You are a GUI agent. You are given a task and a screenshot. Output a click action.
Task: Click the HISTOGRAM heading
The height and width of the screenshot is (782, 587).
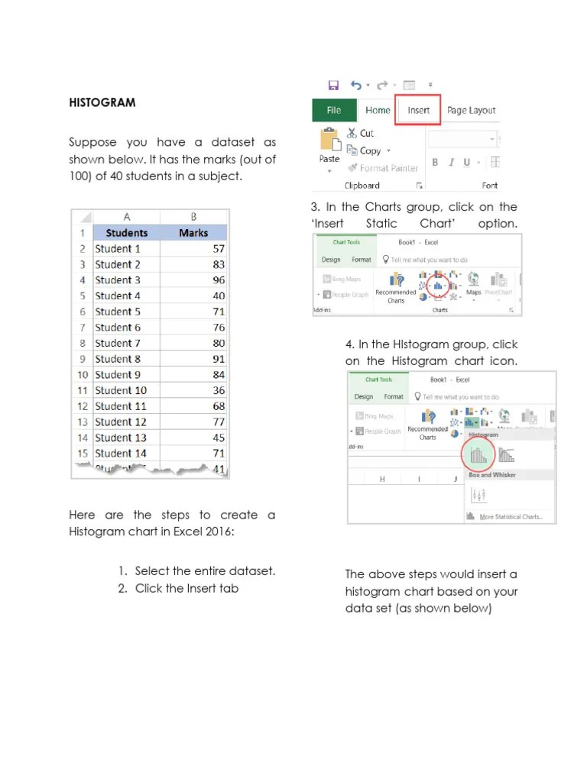point(102,102)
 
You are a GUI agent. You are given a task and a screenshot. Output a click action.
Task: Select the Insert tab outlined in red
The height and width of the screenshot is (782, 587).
point(418,110)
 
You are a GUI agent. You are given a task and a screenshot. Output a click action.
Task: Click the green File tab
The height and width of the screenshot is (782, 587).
point(334,110)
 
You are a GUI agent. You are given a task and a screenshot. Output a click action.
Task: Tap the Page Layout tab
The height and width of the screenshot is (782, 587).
point(471,110)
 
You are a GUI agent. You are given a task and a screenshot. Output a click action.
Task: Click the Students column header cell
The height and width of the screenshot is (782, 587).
point(127,233)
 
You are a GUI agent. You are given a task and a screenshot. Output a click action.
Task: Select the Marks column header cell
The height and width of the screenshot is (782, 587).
point(193,233)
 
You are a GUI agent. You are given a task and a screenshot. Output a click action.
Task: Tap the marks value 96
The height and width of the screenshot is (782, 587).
point(219,280)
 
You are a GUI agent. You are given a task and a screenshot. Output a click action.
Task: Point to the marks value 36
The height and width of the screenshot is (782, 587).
point(219,390)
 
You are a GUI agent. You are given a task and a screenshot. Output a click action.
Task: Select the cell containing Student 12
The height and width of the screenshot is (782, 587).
point(121,422)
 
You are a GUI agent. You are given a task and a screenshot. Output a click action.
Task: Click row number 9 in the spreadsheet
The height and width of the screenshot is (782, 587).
point(83,359)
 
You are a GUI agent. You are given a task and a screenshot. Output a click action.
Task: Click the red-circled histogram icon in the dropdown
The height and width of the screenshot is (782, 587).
point(477,456)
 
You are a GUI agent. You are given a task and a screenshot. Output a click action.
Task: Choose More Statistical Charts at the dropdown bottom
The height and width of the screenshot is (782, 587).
point(510,517)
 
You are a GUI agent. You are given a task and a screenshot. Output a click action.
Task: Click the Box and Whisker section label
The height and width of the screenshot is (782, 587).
point(492,475)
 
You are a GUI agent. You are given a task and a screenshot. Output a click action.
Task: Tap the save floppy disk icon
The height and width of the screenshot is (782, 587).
point(332,86)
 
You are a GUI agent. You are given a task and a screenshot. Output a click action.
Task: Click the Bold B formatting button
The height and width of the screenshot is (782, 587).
point(435,162)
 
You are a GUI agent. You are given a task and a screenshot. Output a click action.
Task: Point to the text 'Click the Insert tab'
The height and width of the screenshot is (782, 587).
point(186,588)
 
